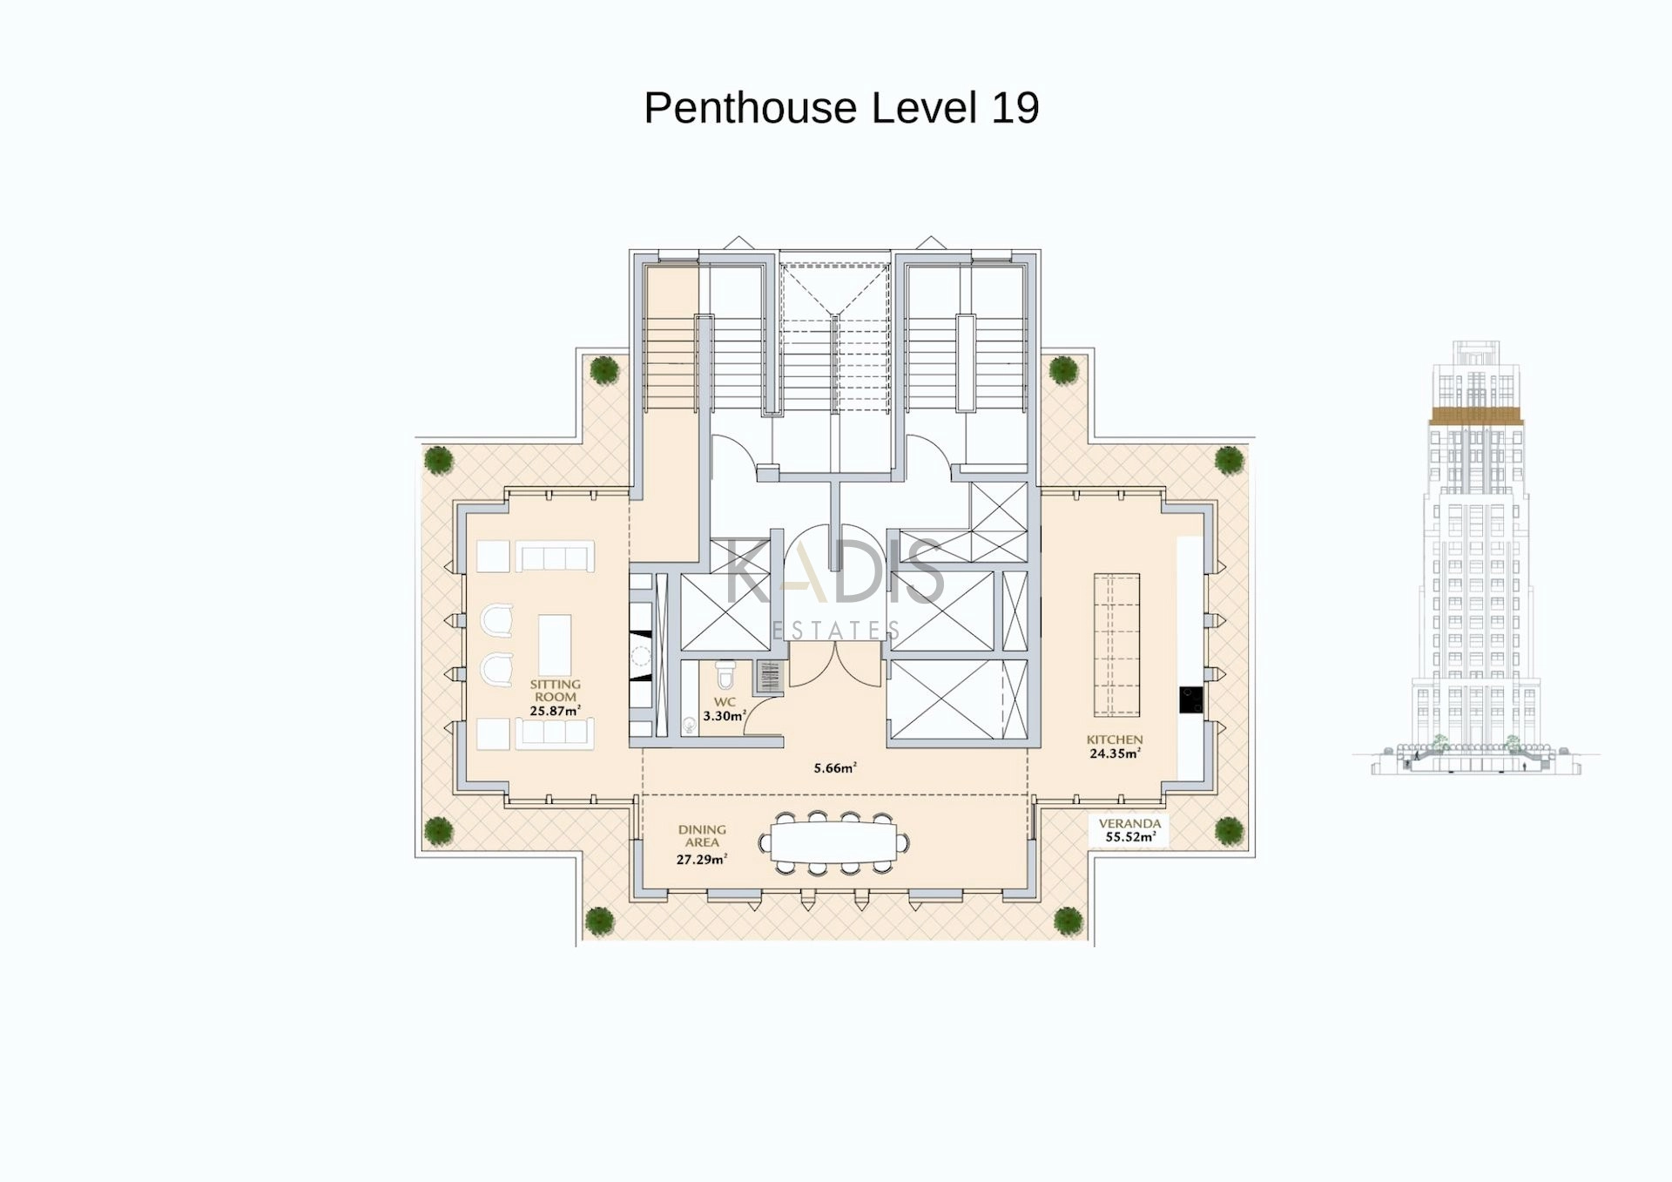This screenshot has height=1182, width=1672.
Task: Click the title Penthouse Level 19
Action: pyautogui.click(x=841, y=108)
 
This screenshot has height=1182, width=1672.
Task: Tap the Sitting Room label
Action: pyautogui.click(x=556, y=691)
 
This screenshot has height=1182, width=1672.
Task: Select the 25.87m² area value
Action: pyautogui.click(x=555, y=711)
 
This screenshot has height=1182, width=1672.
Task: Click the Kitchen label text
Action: pyautogui.click(x=1115, y=740)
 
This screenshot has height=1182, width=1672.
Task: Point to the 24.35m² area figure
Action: pyautogui.click(x=1115, y=753)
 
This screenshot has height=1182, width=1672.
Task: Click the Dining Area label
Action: pyautogui.click(x=702, y=836)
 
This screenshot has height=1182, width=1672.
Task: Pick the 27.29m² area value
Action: pyautogui.click(x=702, y=859)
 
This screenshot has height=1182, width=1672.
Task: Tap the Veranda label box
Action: pyautogui.click(x=1129, y=830)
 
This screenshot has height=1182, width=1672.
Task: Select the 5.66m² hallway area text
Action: pyautogui.click(x=835, y=768)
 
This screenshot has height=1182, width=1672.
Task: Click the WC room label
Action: pyautogui.click(x=725, y=702)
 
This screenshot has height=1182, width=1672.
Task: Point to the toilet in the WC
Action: pyautogui.click(x=725, y=674)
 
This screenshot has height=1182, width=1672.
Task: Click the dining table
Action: pyautogui.click(x=835, y=842)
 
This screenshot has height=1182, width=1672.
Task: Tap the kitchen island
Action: pyautogui.click(x=1116, y=645)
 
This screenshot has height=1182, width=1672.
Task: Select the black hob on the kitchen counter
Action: pyautogui.click(x=1191, y=699)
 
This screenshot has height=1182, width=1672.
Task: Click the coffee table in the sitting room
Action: pyautogui.click(x=555, y=645)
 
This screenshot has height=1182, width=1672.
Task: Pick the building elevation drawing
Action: pyautogui.click(x=1476, y=557)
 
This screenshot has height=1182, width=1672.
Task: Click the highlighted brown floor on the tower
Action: pyautogui.click(x=1476, y=415)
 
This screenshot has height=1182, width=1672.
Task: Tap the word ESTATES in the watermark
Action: pyautogui.click(x=835, y=630)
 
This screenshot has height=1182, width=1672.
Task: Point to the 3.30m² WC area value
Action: pyautogui.click(x=725, y=716)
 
